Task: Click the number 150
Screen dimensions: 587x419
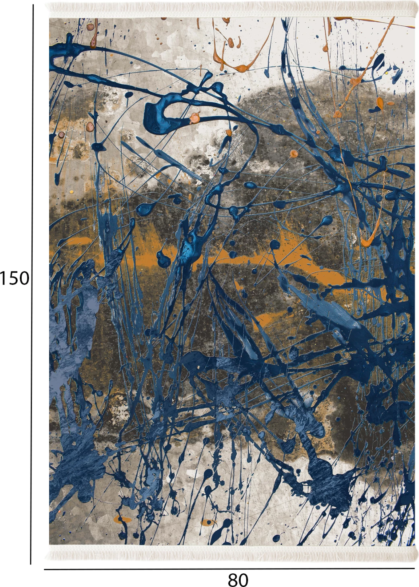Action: pyautogui.click(x=15, y=278)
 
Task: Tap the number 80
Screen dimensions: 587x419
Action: pyautogui.click(x=238, y=580)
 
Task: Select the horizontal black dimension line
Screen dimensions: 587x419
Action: pyautogui.click(x=229, y=569)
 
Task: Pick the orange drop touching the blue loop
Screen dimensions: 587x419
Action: pyautogui.click(x=195, y=117)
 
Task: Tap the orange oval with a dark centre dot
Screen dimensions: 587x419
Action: pyautogui.click(x=208, y=523)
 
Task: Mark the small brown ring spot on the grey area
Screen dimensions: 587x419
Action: pyautogui.click(x=61, y=134)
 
